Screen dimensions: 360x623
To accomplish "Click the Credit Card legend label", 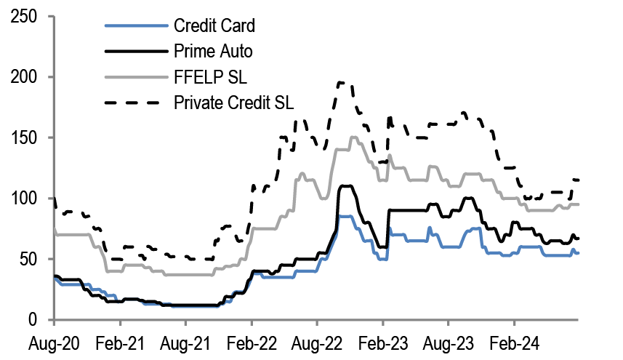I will point(214,27).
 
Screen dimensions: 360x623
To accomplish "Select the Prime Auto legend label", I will point(213,52).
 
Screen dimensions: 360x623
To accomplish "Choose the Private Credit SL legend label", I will point(233,101).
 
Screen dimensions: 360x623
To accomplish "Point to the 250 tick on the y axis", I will point(24,17).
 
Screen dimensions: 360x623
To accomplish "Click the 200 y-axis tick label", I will point(24,77).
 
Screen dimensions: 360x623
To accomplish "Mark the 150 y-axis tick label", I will point(24,137).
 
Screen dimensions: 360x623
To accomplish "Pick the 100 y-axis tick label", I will point(24,199).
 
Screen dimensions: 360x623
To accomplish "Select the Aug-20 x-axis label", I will point(55,340).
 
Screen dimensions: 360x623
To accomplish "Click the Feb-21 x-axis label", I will point(120,340).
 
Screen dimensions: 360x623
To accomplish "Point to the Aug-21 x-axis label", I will point(185,340).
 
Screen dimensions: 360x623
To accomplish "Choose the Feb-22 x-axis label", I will point(252,340).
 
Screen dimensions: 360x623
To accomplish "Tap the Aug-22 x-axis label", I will point(317,340).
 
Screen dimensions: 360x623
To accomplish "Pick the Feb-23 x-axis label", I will point(382,340).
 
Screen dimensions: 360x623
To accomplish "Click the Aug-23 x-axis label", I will point(448,340).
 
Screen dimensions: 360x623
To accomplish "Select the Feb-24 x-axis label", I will point(514,340).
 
